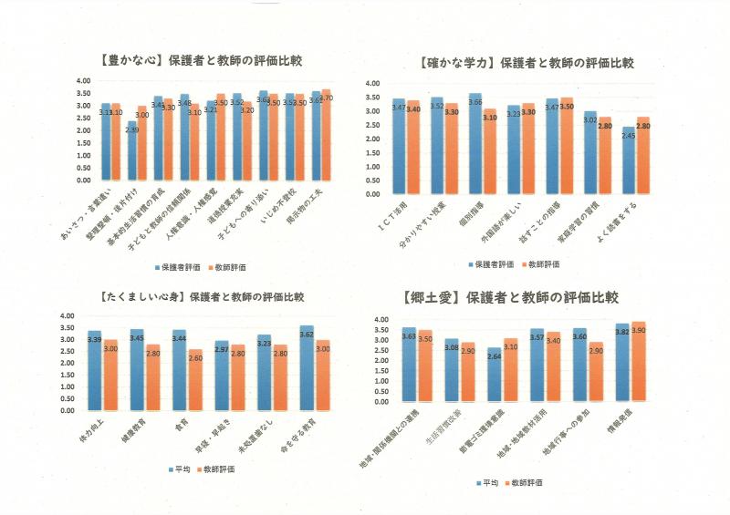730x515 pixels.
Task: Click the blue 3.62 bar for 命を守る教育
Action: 307,367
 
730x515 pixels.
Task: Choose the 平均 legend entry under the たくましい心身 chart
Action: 182,469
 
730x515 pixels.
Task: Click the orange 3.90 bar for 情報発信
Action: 639,362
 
